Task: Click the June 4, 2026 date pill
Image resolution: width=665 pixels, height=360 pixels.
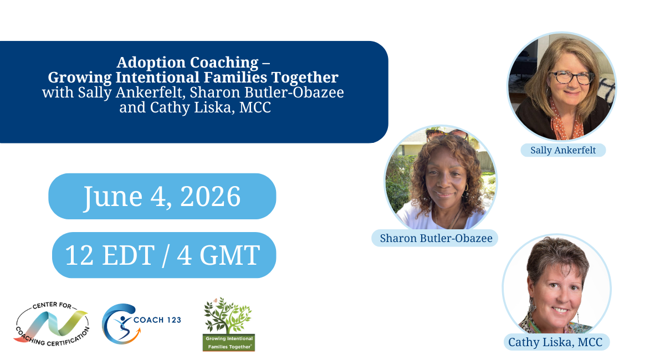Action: click(162, 196)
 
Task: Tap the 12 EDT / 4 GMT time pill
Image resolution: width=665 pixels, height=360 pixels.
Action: click(163, 255)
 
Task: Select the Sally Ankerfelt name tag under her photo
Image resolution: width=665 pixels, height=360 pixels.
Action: click(563, 150)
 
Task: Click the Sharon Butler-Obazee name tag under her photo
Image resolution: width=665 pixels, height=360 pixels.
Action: click(435, 238)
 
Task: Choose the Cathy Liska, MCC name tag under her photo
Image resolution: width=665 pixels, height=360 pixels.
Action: click(555, 342)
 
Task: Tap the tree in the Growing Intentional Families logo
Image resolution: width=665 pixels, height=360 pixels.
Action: click(228, 316)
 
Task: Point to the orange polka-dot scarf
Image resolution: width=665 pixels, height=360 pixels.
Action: click(566, 125)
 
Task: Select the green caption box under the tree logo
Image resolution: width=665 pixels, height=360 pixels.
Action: click(228, 342)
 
